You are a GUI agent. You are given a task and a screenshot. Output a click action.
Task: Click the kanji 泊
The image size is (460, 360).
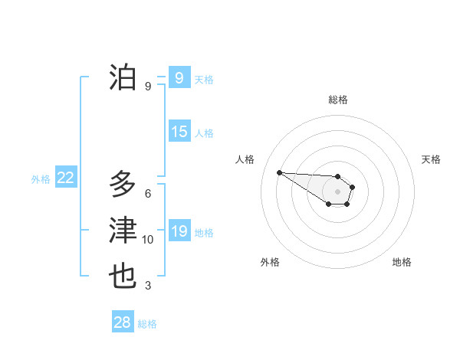point(123,78)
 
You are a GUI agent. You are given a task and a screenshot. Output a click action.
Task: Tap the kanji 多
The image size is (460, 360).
point(123,185)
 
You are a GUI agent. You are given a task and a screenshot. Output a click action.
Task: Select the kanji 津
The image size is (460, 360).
point(123,231)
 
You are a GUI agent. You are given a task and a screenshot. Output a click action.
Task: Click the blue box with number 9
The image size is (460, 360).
point(179,78)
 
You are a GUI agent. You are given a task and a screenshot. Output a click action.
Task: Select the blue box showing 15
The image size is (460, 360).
point(179,132)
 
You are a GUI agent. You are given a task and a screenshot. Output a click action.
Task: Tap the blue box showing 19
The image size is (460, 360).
point(179,231)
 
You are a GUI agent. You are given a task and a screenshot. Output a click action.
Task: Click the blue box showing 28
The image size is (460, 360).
point(123,322)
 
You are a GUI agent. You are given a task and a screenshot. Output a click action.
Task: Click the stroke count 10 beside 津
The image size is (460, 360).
point(148,240)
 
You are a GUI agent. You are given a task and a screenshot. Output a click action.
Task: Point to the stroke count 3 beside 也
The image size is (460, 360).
point(148,286)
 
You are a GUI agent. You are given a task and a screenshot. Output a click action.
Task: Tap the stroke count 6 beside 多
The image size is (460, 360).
point(148,193)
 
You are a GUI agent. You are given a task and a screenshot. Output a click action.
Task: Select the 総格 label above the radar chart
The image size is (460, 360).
point(338,100)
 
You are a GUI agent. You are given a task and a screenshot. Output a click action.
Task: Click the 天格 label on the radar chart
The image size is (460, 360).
point(431,159)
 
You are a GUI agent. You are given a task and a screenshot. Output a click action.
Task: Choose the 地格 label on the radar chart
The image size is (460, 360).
point(402,262)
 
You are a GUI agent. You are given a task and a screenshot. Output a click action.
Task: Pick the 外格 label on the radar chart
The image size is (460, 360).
point(270,262)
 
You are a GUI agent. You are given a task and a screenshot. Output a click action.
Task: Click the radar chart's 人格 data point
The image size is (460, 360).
point(280,172)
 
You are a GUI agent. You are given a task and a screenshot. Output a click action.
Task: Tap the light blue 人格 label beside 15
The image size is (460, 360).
point(204,133)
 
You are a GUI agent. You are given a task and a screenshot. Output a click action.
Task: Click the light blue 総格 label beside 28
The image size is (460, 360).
point(147,324)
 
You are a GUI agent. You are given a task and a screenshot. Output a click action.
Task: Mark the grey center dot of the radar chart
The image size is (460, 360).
point(337,191)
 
